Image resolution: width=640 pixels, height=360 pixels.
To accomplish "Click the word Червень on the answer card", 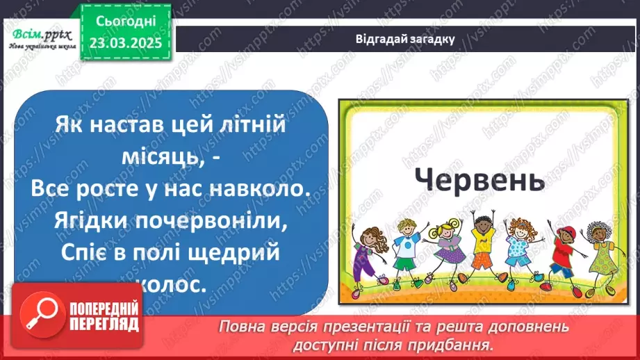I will pos(479,180).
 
